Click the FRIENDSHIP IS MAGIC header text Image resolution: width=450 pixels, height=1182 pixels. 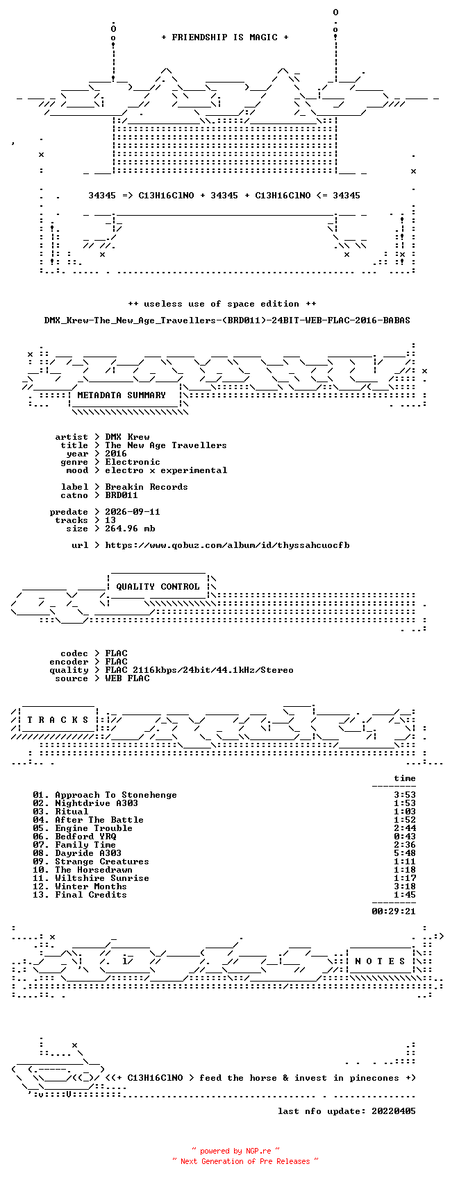coord(225,37)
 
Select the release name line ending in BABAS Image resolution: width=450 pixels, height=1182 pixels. coord(227,320)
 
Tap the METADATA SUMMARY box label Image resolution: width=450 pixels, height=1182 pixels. coord(122,395)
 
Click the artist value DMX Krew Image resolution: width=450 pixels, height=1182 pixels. coord(127,437)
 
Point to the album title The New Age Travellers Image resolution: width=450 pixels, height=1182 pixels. coord(166,445)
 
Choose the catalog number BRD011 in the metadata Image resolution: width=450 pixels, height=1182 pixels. coord(122,495)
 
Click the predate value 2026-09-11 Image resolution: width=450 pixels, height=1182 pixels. coord(133,512)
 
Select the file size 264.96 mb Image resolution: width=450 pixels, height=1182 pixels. coord(130,529)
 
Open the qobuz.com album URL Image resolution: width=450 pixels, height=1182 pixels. coord(227,545)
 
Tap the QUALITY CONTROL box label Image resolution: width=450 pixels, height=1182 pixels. coord(158,587)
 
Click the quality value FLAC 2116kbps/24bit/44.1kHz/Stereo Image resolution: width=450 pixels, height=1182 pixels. coord(199,670)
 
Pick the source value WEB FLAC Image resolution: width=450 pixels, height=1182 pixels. coord(127,678)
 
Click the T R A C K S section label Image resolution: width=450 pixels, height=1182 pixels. coord(58,720)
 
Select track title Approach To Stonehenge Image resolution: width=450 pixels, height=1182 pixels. coord(116,795)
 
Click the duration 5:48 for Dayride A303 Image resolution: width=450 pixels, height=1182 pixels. coord(405,853)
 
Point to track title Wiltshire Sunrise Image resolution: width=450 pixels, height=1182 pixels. coord(102,878)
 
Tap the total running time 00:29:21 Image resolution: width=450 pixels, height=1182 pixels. coord(394,911)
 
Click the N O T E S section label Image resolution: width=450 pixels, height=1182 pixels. coord(381,961)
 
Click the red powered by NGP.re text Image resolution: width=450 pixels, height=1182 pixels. coord(235,1151)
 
